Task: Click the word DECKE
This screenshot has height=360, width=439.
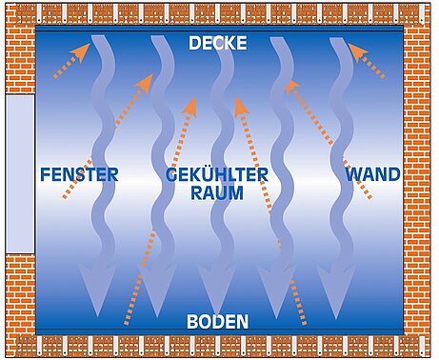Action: [x=218, y=43]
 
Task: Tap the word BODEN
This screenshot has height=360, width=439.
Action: [x=218, y=322]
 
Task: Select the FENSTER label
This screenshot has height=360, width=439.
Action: [x=79, y=174]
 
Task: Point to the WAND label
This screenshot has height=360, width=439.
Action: [x=373, y=174]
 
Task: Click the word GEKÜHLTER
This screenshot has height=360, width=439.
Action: [x=217, y=174]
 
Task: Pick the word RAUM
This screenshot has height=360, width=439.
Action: [x=217, y=192]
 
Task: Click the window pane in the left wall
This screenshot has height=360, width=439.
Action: [x=20, y=174]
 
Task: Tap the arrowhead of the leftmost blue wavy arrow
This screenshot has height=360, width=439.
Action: [x=97, y=290]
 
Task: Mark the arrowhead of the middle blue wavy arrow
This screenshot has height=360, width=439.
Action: [x=217, y=290]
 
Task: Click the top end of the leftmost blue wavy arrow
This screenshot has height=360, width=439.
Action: [x=98, y=36]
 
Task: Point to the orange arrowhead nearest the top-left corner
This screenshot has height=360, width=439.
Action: [x=81, y=51]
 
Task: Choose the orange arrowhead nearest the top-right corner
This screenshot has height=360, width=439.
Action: [x=357, y=51]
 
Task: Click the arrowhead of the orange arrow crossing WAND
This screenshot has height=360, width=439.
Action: [x=291, y=87]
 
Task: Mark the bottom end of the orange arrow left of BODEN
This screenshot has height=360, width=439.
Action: [x=127, y=323]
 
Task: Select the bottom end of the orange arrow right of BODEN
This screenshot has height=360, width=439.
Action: [x=304, y=323]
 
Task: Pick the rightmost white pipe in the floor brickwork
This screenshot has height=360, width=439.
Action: [x=421, y=347]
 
